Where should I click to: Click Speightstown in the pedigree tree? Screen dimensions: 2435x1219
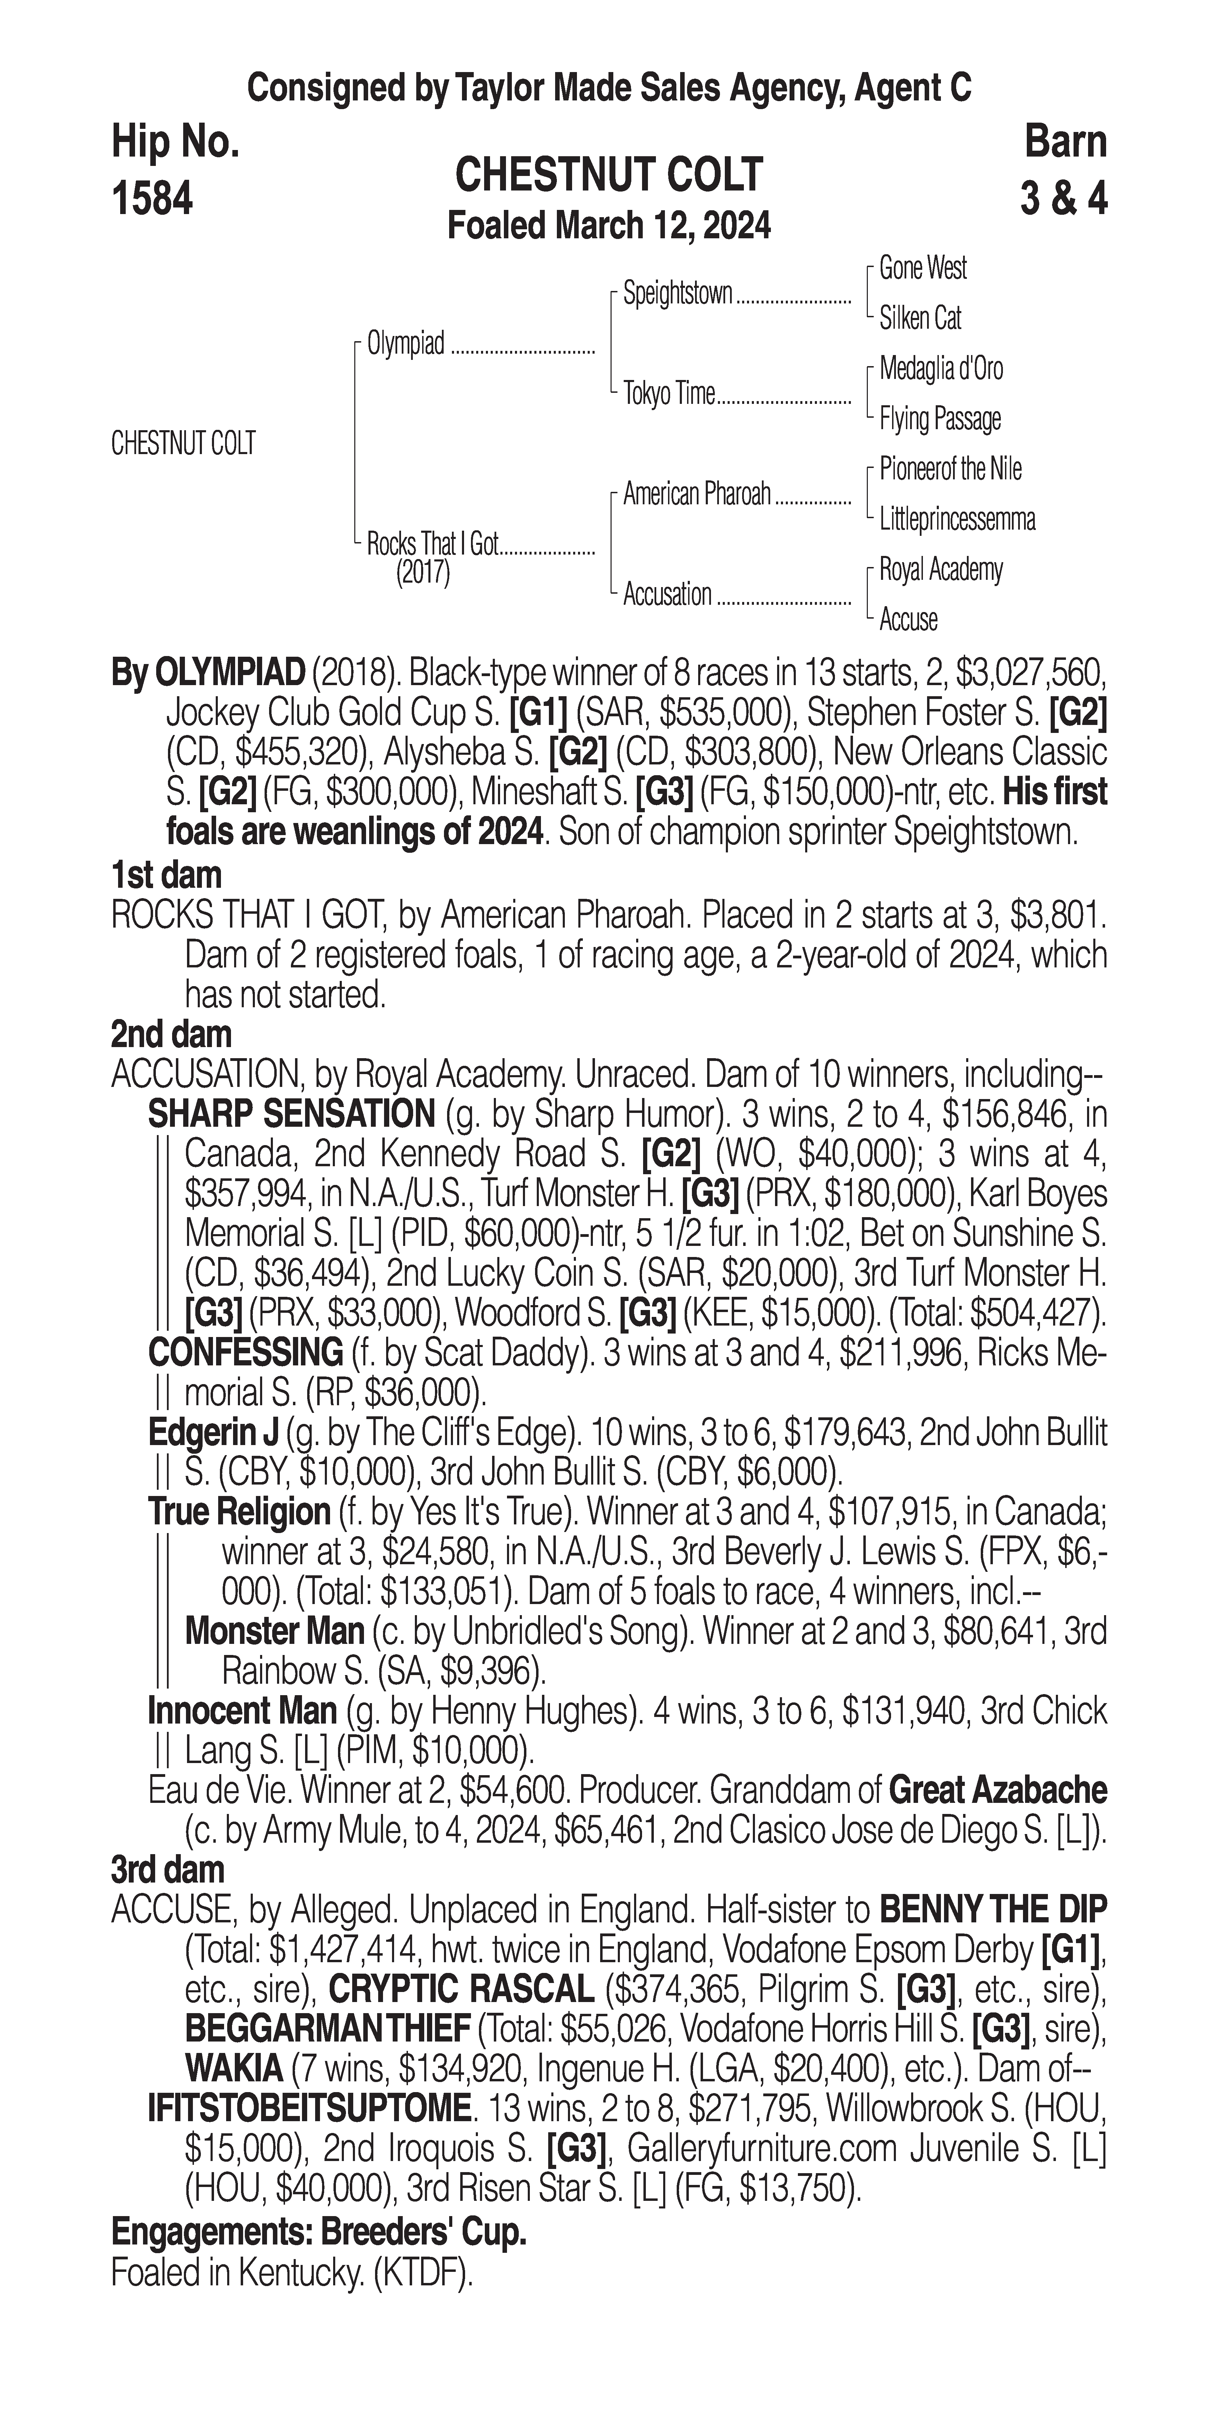coord(677,294)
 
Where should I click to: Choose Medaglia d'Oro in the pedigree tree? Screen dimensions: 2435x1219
coord(941,369)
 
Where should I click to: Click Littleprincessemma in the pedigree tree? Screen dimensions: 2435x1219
coord(957,519)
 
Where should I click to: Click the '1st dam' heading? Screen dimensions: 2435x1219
coord(166,874)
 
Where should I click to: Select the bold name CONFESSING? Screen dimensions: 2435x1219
coord(246,1353)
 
